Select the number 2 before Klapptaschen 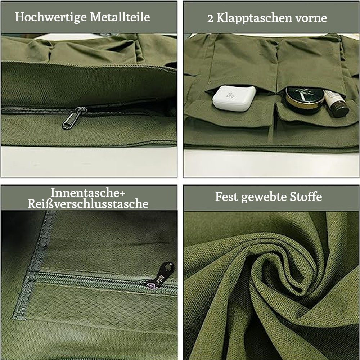(x=211, y=18)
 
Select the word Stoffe (x=307, y=197)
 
